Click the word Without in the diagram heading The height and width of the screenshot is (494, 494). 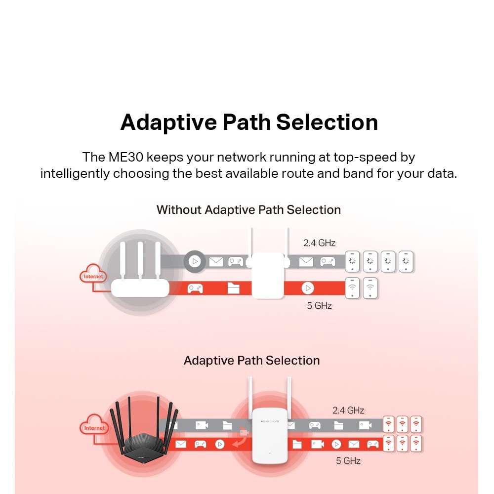point(179,210)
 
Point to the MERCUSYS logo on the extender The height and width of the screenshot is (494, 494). point(270,421)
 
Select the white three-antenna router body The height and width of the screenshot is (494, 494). point(140,288)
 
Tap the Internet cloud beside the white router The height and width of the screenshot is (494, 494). point(93,277)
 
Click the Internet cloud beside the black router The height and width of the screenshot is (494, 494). point(94,428)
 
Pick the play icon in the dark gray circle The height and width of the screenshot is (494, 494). point(195,261)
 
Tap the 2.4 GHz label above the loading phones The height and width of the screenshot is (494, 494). point(319,243)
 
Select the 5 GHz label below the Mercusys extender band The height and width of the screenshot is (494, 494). point(348,461)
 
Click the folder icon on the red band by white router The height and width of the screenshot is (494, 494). point(233,288)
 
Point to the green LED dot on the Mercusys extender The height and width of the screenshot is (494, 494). point(270,453)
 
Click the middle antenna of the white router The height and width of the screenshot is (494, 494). point(140,260)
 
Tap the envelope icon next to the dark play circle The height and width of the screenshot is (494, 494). point(216,262)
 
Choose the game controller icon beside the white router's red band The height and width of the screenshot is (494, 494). point(195,288)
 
